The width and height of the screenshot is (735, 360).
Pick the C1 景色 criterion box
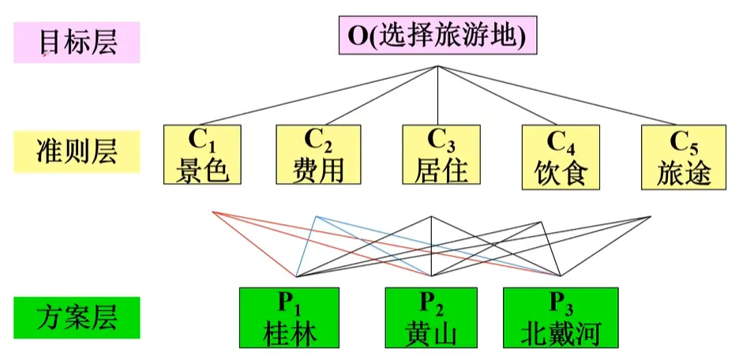tap(202, 155)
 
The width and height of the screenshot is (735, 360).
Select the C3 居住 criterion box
tap(441, 155)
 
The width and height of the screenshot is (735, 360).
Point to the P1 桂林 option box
tap(289, 318)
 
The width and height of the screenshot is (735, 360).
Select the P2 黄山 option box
tap(431, 318)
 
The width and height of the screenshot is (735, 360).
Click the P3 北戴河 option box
tap(560, 318)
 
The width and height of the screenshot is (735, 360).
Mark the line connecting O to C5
tap(561, 96)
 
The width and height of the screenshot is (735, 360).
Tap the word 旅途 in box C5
tap(684, 173)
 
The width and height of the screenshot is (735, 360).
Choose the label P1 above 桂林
tap(289, 302)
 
